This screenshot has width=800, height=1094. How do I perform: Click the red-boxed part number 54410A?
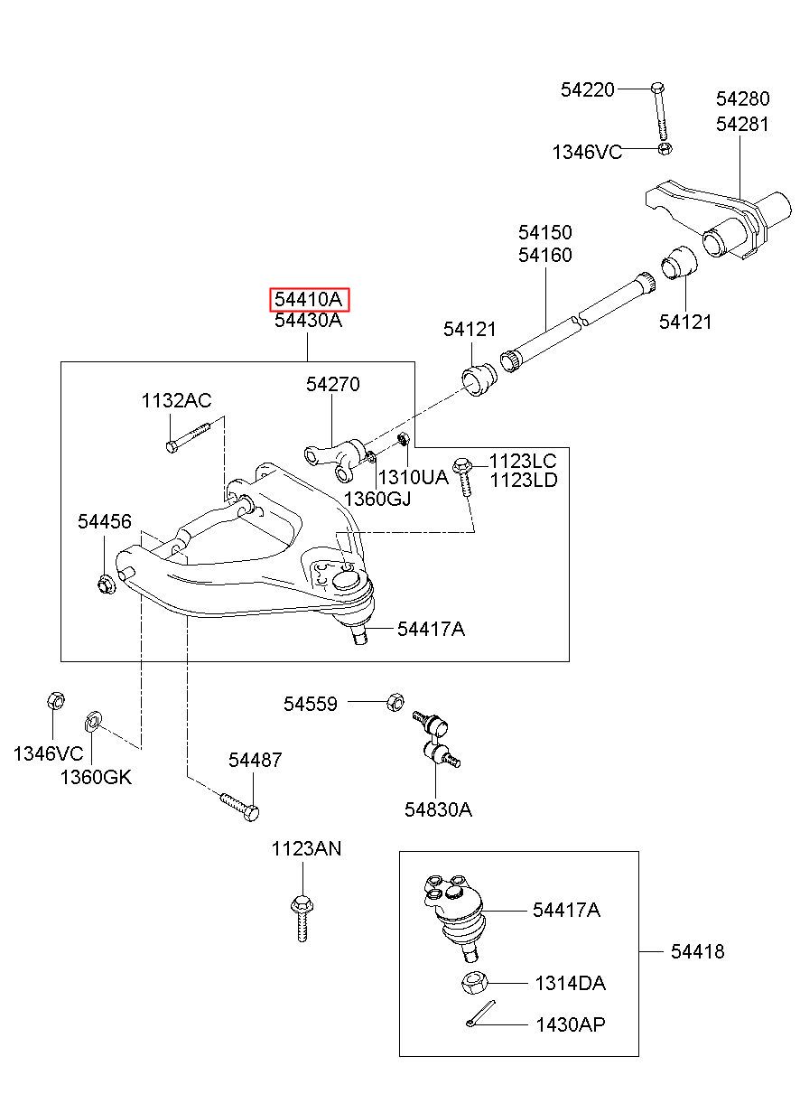coord(310,299)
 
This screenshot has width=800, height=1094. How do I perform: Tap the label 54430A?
coord(308,321)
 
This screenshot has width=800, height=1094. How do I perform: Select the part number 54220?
coord(587,89)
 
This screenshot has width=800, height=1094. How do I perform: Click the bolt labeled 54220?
coord(659,111)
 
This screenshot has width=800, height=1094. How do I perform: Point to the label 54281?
coord(742,124)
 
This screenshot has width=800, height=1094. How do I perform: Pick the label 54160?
coord(544,255)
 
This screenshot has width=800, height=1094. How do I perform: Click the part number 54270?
coord(333,384)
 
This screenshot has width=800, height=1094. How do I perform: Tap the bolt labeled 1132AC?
coord(188,437)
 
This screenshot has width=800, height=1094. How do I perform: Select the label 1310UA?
coord(413,477)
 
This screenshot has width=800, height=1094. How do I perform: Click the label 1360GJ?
coord(377,499)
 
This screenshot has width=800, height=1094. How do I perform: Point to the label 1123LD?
coord(523,480)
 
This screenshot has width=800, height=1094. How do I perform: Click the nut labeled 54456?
coord(106,584)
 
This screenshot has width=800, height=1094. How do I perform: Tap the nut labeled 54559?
coord(395,702)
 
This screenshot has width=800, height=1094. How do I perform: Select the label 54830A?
coord(438,809)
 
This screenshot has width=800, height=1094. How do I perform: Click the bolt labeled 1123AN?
coord(302,919)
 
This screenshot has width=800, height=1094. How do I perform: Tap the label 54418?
coord(697,951)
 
